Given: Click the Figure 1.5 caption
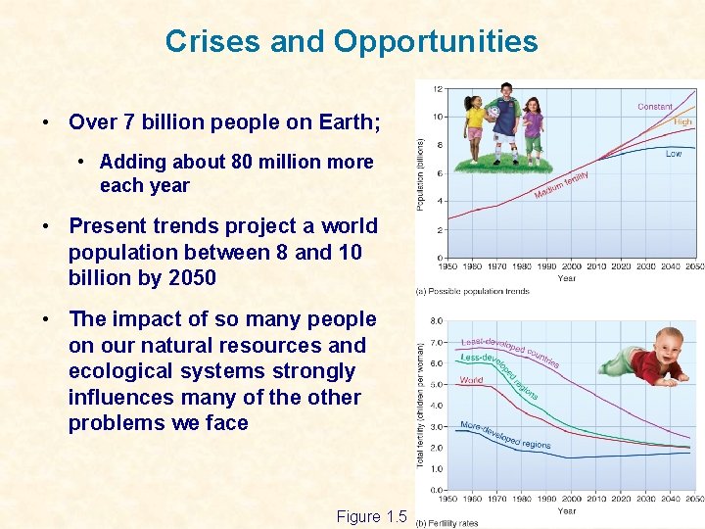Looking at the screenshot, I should [370, 516].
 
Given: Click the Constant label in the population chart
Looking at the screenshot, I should [654, 107].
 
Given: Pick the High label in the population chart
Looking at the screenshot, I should [682, 122].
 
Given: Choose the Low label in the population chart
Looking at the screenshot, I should [674, 154].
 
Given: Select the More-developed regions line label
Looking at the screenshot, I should [504, 435].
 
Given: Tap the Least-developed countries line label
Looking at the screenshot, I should [509, 349].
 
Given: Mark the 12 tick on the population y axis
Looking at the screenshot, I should [437, 89].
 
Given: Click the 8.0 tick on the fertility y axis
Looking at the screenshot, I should [436, 320].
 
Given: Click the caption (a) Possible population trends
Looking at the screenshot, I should [474, 291].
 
